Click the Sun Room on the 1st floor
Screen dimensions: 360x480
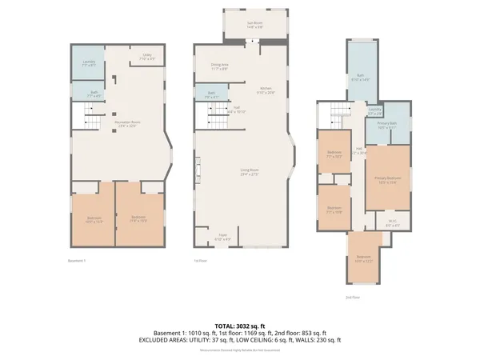(x=254, y=24)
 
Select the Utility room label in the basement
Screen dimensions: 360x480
(x=147, y=57)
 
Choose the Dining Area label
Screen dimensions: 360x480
(x=219, y=67)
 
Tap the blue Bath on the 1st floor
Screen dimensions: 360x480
(x=211, y=94)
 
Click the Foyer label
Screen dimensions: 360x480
(x=223, y=238)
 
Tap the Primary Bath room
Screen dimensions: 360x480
(x=387, y=126)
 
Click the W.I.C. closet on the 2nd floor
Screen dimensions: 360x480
(x=392, y=224)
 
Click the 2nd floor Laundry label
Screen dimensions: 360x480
(x=374, y=111)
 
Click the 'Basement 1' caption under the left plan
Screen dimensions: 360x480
(x=77, y=261)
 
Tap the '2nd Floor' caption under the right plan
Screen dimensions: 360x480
(x=352, y=297)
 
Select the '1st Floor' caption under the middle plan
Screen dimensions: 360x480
(x=202, y=261)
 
